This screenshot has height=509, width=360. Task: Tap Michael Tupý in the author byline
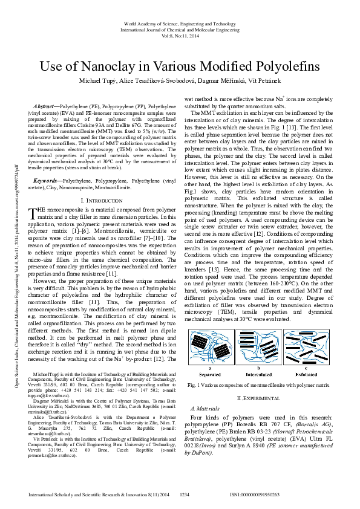[108, 80]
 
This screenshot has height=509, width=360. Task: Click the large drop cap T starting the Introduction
[34, 195]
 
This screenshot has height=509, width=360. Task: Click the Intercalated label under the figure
[258, 372]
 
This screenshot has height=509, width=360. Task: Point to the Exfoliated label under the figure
[306, 372]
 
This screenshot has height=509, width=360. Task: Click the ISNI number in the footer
[255, 494]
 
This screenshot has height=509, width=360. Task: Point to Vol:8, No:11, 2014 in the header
[180, 36]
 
